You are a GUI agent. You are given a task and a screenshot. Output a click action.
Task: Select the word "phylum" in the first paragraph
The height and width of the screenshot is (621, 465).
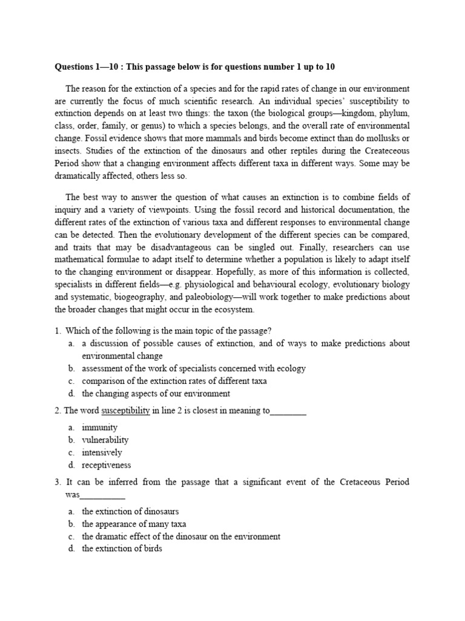pos(394,113)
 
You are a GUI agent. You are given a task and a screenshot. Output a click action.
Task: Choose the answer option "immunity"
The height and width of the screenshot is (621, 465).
pos(99,428)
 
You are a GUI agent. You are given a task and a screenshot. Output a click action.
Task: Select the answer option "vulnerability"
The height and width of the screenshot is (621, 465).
pos(105,440)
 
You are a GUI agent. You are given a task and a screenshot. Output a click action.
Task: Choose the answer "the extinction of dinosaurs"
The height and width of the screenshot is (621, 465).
pos(130,511)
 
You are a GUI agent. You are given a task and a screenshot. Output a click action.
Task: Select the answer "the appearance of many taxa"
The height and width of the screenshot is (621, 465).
pos(134,524)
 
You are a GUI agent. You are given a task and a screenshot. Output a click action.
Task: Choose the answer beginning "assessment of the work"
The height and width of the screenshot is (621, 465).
pos(193,368)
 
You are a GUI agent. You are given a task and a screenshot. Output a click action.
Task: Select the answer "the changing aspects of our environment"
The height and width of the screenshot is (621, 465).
pos(156,393)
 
